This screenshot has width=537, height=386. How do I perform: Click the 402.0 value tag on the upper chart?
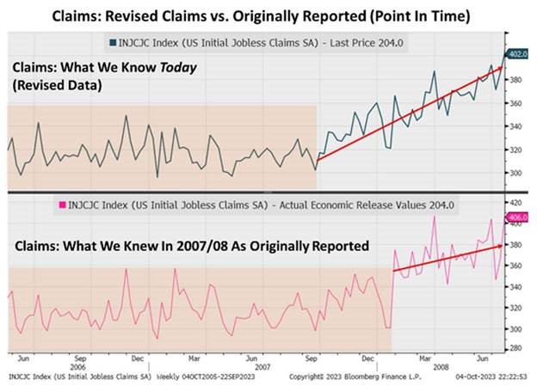tap(520, 54)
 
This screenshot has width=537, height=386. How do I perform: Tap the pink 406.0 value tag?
tap(520, 218)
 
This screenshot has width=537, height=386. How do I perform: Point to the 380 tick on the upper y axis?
tap(517, 79)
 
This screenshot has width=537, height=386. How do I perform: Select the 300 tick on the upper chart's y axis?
tap(517, 173)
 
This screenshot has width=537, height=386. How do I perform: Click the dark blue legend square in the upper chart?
tap(113, 41)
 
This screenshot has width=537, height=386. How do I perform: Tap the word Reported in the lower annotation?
tap(335, 246)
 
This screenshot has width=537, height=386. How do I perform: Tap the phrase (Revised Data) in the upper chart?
tap(53, 86)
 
